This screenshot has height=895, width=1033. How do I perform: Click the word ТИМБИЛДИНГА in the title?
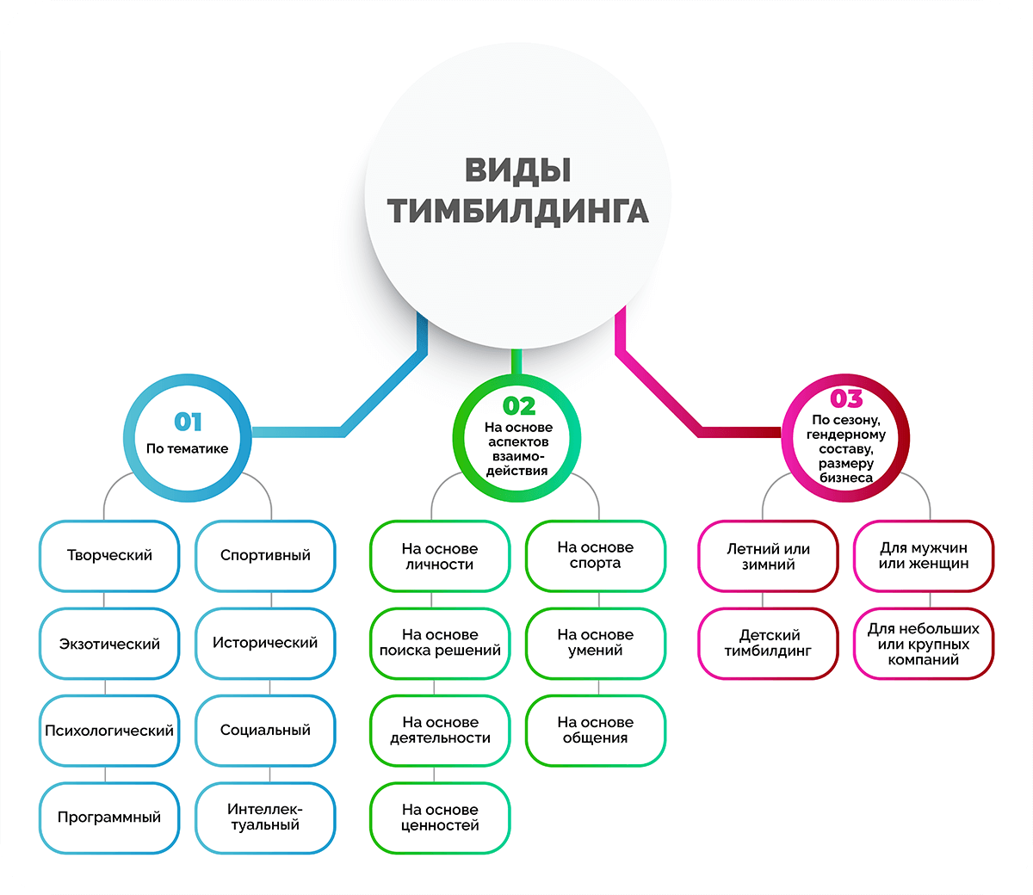[517, 211]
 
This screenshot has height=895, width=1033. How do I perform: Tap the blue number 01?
[188, 422]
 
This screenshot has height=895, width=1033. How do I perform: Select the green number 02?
[519, 406]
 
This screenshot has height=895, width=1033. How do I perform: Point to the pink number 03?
[846, 398]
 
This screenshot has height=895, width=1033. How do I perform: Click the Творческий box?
[109, 556]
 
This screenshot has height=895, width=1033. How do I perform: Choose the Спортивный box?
[265, 556]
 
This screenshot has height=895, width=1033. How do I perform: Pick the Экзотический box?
[109, 644]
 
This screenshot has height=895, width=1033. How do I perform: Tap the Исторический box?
[265, 644]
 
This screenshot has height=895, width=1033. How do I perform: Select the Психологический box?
[109, 731]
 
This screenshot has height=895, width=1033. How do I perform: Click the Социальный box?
[265, 731]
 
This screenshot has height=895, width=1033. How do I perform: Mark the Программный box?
[109, 818]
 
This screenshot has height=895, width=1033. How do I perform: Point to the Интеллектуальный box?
[265, 818]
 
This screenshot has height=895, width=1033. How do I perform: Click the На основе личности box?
[440, 556]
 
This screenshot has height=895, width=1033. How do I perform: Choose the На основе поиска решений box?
[440, 644]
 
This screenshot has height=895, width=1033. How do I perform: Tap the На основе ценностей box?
[440, 818]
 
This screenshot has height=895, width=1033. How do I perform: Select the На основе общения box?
[595, 731]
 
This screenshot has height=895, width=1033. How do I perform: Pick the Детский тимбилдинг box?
[768, 644]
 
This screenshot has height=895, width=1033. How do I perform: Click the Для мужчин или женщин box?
[924, 556]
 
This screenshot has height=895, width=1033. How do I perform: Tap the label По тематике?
[187, 448]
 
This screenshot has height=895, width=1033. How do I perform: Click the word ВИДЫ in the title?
[517, 170]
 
